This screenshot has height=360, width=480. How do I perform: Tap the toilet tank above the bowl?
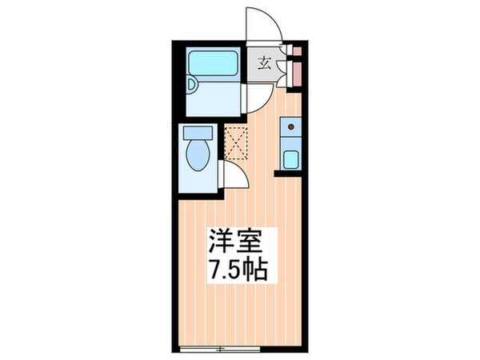197,133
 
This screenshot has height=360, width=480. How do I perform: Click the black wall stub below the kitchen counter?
289,172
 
